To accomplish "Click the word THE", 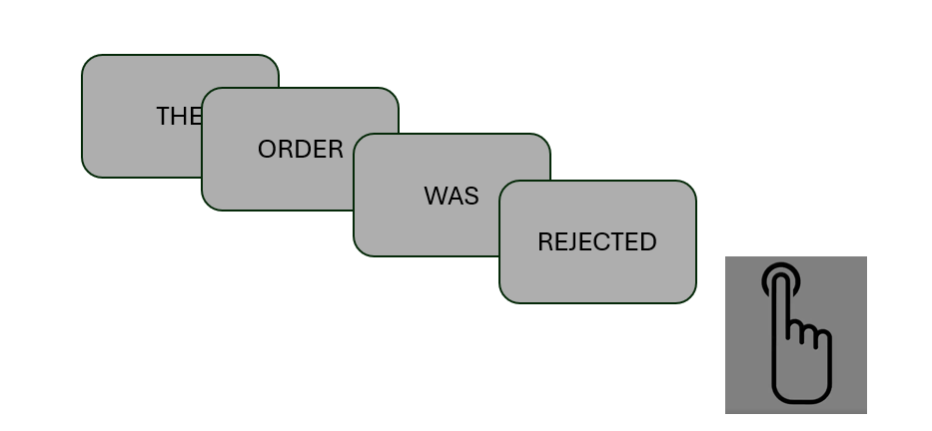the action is (x=179, y=117).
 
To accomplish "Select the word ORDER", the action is (x=301, y=149).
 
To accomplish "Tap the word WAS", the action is (x=452, y=196).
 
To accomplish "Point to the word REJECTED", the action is (x=597, y=242).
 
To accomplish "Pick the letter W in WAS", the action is (x=435, y=196).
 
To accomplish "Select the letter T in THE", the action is (x=164, y=117).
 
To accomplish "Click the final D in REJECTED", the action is (x=649, y=242).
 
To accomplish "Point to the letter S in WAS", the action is (x=471, y=196).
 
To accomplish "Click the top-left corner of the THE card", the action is (x=83, y=55).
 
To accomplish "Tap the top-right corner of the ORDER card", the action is (x=398, y=89).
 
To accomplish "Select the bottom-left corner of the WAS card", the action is (x=355, y=255).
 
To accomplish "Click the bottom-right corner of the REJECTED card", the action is (x=695, y=302).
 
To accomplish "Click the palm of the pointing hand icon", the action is (x=801, y=374).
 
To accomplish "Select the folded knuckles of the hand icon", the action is (x=809, y=333).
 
